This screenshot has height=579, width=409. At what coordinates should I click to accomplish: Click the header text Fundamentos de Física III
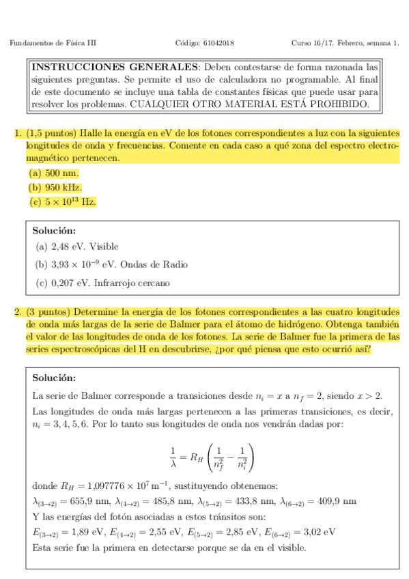[53, 43]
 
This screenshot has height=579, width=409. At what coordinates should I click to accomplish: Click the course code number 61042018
[218, 43]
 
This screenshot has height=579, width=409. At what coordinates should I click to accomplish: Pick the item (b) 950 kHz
[55, 187]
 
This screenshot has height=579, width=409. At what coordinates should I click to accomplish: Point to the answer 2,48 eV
[66, 246]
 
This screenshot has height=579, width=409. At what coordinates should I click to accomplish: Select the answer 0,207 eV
[68, 283]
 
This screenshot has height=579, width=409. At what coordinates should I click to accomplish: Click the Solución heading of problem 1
[55, 230]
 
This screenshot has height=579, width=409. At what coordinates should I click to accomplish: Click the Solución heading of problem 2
[55, 378]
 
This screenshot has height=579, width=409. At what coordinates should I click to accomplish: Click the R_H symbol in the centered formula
[197, 457]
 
